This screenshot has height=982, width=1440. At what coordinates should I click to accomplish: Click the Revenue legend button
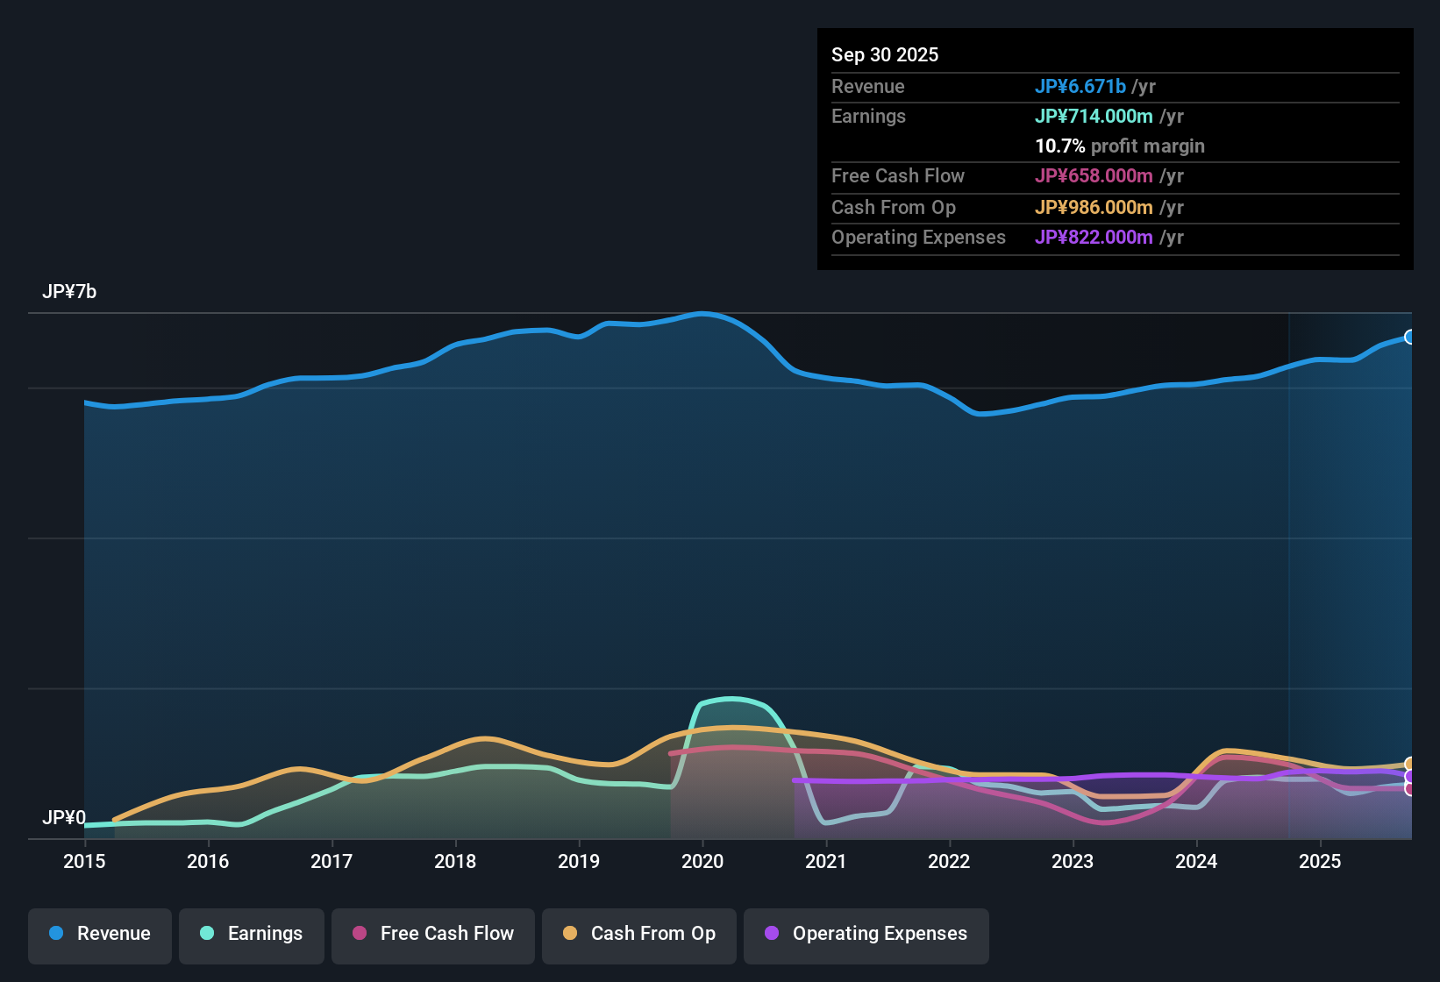[x=100, y=934]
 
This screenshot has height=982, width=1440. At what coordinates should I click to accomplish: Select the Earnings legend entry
[x=252, y=934]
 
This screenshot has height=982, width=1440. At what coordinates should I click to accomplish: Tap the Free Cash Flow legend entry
[x=433, y=934]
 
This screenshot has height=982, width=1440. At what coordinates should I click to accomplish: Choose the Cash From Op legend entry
[x=639, y=934]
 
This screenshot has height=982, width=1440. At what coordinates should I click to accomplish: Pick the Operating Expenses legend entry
[x=866, y=934]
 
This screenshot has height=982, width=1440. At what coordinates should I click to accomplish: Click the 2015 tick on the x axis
[x=84, y=861]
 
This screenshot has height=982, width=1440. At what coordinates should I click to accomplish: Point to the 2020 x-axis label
[x=702, y=861]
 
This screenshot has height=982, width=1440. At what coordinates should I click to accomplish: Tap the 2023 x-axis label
[x=1073, y=861]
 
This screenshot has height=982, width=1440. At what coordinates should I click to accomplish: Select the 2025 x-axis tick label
[x=1320, y=861]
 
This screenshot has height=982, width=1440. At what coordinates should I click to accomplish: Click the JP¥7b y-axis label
[x=69, y=292]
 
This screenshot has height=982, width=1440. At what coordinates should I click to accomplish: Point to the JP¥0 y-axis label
[x=64, y=818]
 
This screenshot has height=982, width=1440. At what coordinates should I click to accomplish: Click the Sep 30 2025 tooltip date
[x=885, y=54]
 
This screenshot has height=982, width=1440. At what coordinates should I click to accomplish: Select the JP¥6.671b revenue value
[x=1080, y=86]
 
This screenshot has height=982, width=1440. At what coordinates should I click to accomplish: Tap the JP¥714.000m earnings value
[x=1094, y=116]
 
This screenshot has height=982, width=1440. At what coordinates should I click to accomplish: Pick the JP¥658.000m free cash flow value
[x=1094, y=175]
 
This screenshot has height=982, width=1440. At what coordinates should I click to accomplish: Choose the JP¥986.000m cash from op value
[x=1094, y=207]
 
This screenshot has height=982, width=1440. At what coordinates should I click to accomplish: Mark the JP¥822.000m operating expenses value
[x=1094, y=237]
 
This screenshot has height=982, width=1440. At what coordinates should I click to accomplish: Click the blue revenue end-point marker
[x=1409, y=337]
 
